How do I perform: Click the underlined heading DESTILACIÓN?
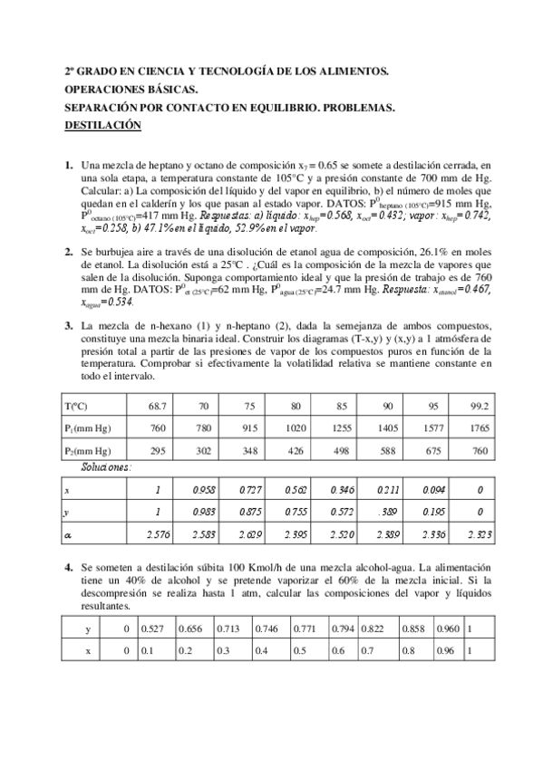[x=102, y=126]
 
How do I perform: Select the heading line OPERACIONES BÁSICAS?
[x=130, y=90]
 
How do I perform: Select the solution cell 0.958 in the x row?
[x=207, y=490]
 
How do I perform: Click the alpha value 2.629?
[x=252, y=537]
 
